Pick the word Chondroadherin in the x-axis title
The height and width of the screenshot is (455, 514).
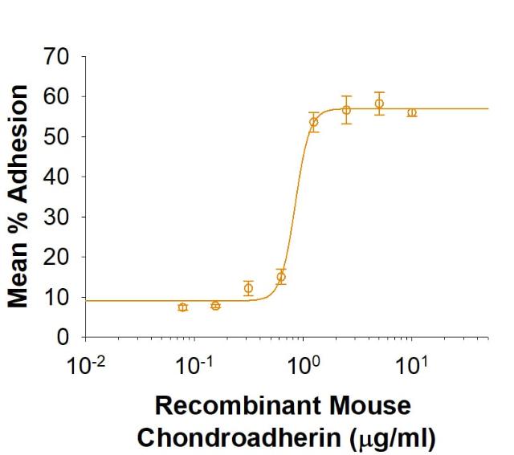tap(240, 437)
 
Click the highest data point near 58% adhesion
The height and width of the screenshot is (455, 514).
tap(379, 104)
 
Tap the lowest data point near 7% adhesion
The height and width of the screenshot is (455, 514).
tap(183, 307)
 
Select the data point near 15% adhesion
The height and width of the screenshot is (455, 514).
tap(281, 277)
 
